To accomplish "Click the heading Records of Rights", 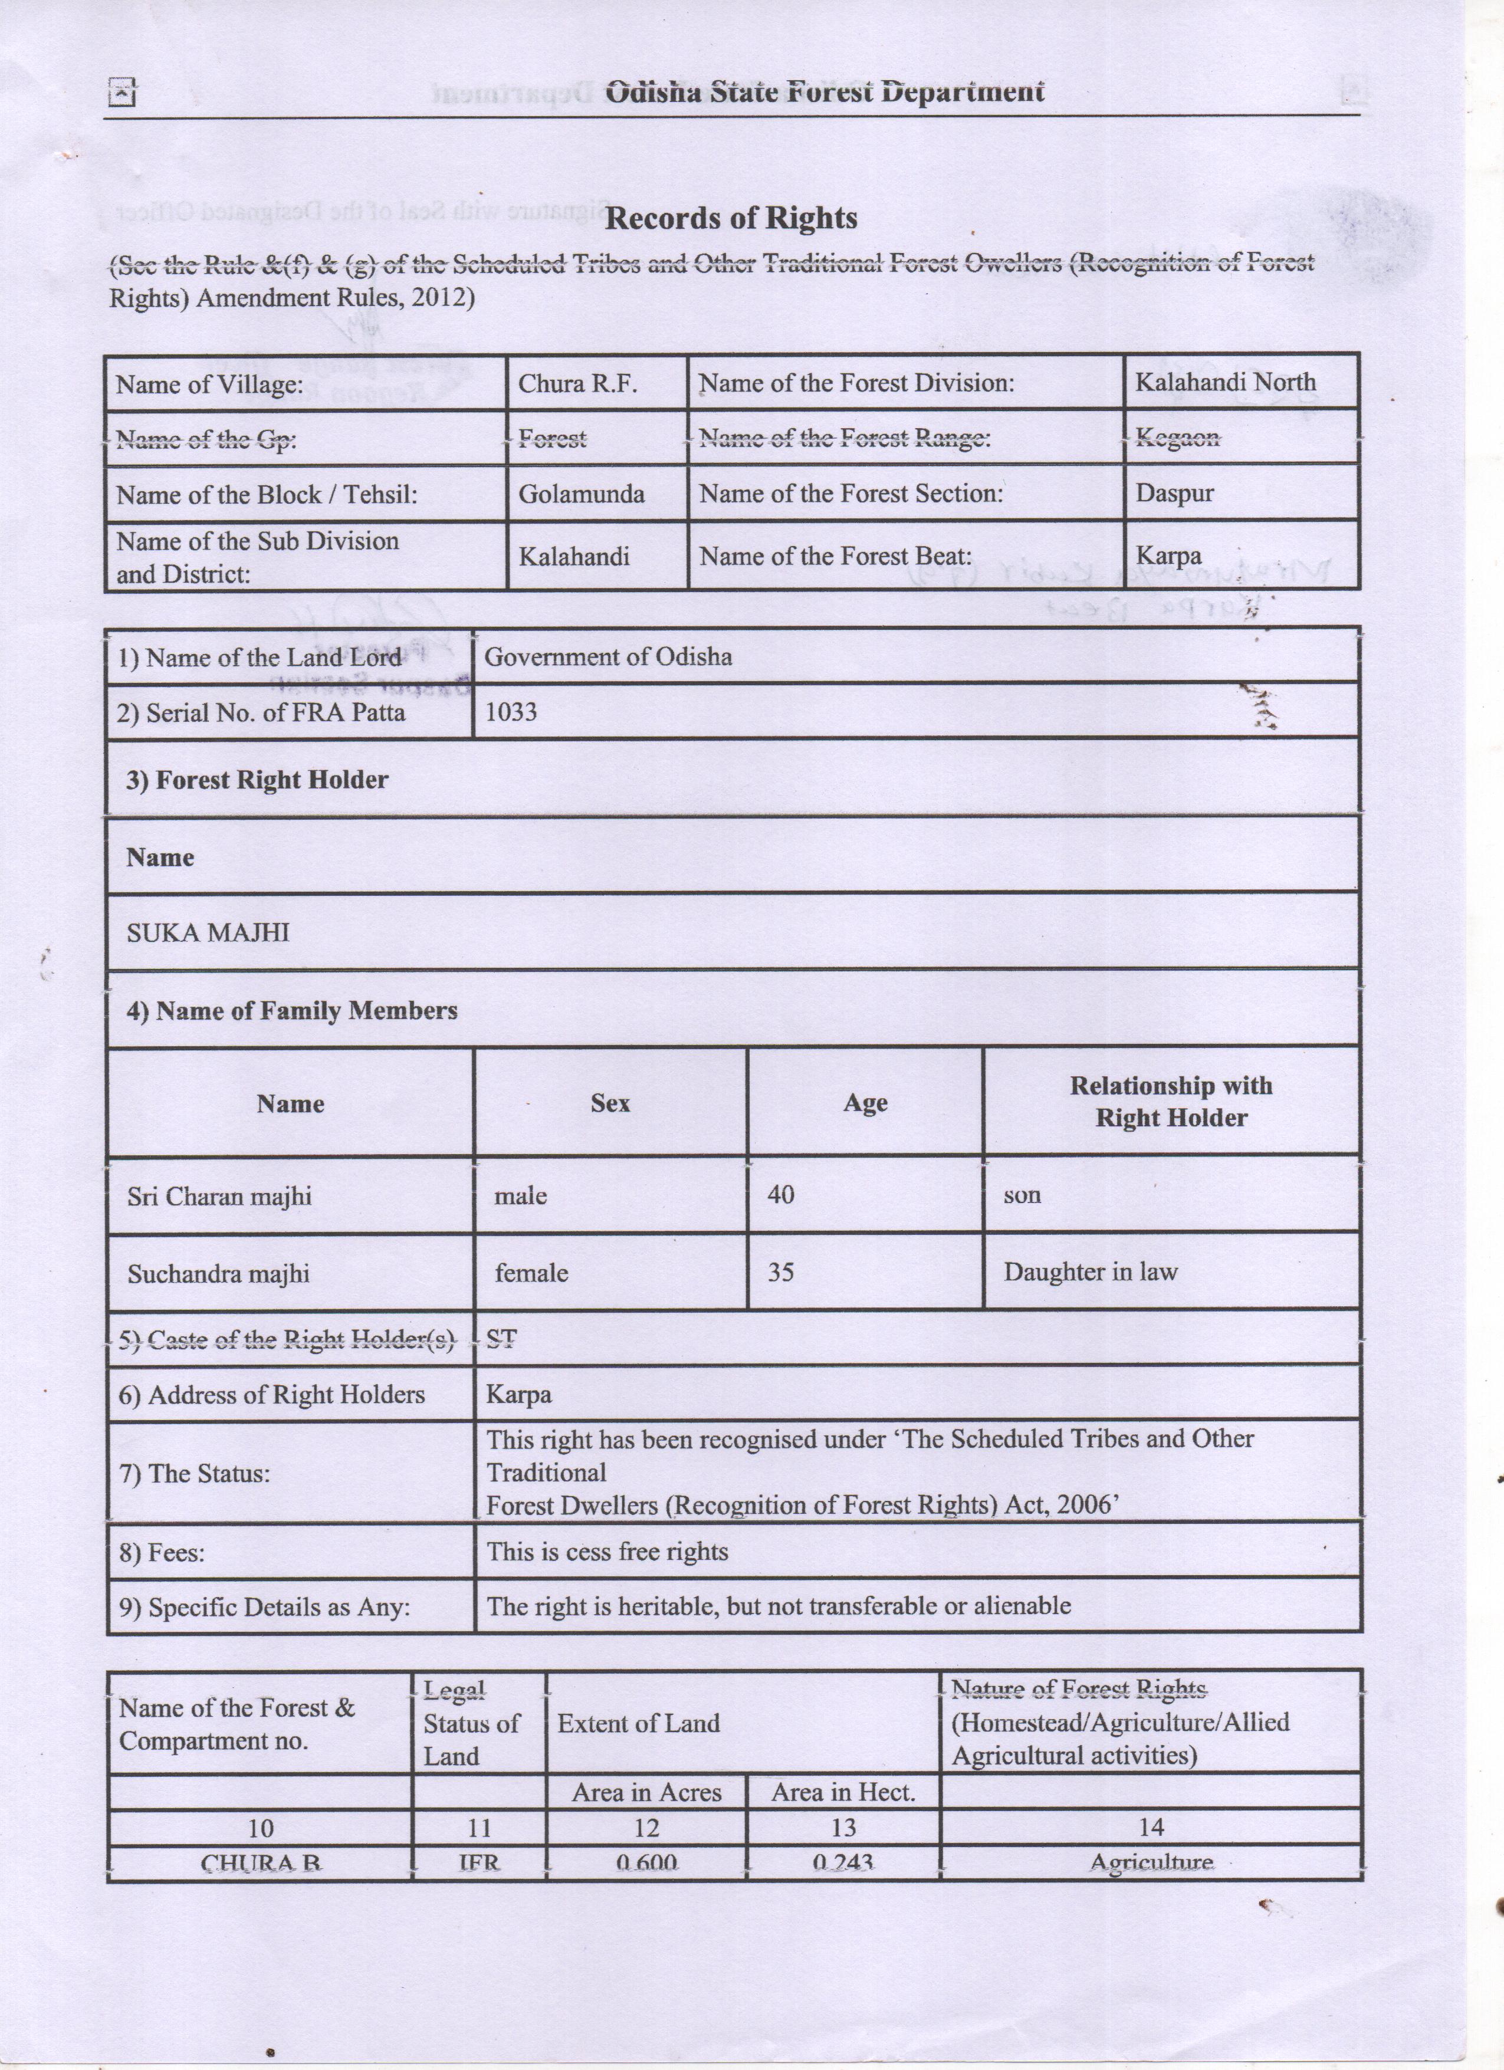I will point(731,218).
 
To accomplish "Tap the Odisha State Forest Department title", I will point(824,91).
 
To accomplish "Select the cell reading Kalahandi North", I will point(1225,382).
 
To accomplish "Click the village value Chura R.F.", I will point(577,383).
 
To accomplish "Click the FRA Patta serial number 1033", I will point(511,712).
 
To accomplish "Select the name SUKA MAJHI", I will point(208,933).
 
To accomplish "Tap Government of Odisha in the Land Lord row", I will point(608,657).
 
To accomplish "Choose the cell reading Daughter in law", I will point(1090,1272).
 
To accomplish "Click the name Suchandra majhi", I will point(218,1273).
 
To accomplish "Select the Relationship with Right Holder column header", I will point(1171,1102).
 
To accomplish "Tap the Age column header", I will point(865,1103).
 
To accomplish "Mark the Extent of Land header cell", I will point(639,1723).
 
